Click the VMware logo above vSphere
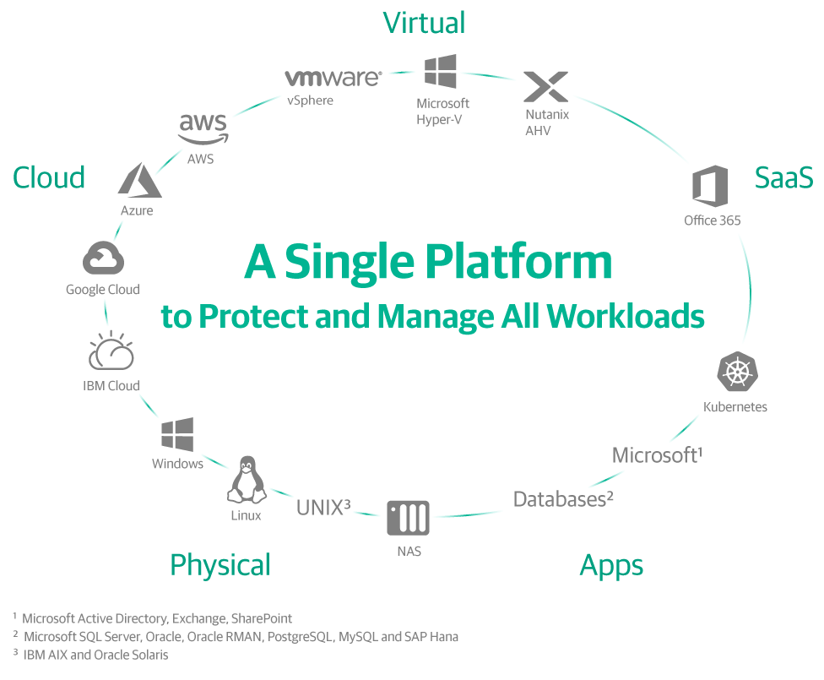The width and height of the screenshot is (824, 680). point(333,79)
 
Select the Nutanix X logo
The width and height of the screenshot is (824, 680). point(546,87)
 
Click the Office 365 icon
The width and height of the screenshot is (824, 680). point(710,186)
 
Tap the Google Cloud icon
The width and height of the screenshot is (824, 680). point(104,258)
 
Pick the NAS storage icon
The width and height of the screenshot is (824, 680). point(408,518)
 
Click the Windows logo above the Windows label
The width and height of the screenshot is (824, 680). point(177,434)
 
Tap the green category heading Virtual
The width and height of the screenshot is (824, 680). point(424,23)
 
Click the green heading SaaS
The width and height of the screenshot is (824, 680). point(783,177)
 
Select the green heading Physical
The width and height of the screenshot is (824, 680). point(220,564)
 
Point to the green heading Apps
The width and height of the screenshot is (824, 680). point(611,565)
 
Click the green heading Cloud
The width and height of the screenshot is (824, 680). point(49,177)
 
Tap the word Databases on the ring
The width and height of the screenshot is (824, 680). point(557,499)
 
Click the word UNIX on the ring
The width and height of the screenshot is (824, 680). point(318,508)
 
